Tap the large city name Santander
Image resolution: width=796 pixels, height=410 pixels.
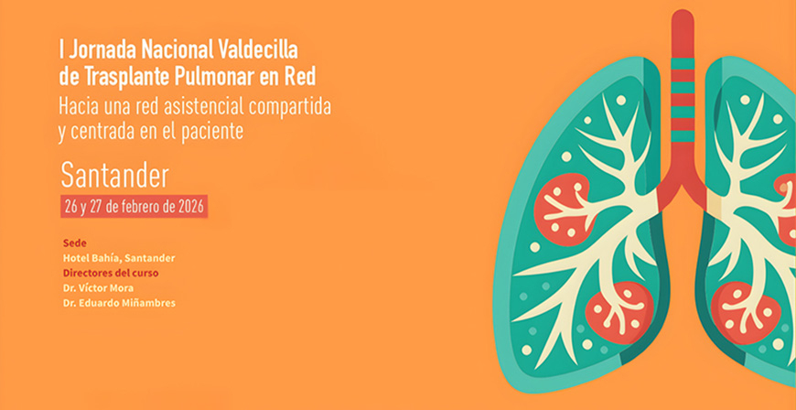pyautogui.click(x=114, y=173)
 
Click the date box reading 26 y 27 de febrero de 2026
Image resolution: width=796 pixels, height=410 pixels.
pyautogui.click(x=134, y=206)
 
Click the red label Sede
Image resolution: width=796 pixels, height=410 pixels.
pyautogui.click(x=73, y=243)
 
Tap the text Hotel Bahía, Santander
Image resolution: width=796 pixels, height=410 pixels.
pyautogui.click(x=118, y=258)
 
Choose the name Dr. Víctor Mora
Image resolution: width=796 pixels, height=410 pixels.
pyautogui.click(x=98, y=287)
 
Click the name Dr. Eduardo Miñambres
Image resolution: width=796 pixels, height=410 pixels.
pyautogui.click(x=119, y=303)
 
